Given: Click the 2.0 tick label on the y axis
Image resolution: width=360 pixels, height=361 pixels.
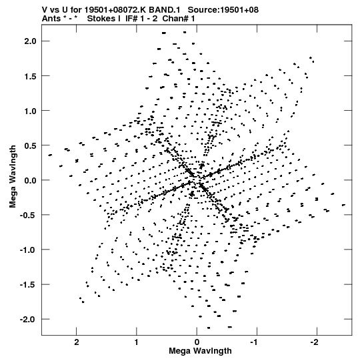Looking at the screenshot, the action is point(31,41).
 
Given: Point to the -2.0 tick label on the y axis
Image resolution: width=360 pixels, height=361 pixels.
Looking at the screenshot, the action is point(28,320).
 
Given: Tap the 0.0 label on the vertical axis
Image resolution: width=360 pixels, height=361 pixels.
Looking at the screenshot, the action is point(31,180).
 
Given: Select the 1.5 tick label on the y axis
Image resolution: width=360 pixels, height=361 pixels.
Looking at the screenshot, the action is point(31,76).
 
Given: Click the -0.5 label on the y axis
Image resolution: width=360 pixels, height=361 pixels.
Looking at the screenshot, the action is point(28,215).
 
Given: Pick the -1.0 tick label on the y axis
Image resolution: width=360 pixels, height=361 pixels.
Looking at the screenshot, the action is point(28,250).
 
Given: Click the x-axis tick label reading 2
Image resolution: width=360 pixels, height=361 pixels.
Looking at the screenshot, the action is point(77,342).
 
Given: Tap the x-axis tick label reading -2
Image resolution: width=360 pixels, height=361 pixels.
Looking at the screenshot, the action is point(314,342).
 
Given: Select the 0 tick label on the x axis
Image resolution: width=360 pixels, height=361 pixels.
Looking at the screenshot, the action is point(197,342).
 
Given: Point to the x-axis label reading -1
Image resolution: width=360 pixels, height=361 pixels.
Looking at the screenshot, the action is point(255,342).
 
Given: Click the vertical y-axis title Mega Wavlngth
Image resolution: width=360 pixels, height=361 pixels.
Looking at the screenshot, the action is point(13,176).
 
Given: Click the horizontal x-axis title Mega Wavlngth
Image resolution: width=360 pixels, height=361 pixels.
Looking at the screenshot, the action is point(200,351).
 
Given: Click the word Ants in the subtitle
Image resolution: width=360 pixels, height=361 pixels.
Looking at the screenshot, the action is point(51,19).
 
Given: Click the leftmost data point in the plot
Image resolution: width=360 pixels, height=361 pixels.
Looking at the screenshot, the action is point(50,155).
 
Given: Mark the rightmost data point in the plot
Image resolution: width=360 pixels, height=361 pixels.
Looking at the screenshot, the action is point(343,205).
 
